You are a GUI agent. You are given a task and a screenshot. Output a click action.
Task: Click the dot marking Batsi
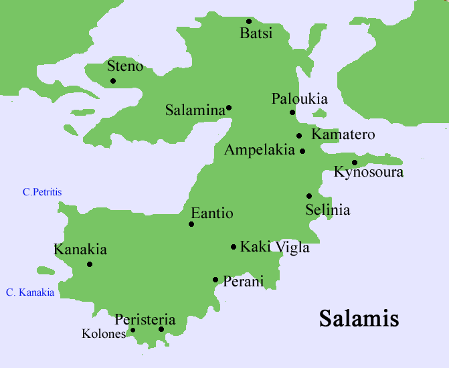(249, 21)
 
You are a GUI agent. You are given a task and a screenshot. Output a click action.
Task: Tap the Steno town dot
(113, 81)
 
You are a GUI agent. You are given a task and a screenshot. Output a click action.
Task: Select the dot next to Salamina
(229, 108)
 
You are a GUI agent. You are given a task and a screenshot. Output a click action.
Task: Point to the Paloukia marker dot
(292, 112)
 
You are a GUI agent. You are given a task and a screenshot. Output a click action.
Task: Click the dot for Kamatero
(299, 136)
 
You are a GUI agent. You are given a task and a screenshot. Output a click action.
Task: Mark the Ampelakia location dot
(302, 151)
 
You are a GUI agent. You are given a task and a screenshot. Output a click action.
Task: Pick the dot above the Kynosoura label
(355, 162)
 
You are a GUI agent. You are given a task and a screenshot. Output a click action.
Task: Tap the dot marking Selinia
(309, 196)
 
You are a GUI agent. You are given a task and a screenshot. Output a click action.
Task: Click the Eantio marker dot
(191, 224)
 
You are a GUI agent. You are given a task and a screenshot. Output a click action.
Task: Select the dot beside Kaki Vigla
(234, 247)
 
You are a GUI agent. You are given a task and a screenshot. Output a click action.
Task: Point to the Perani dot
(215, 280)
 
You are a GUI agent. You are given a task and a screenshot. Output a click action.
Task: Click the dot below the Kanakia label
(90, 264)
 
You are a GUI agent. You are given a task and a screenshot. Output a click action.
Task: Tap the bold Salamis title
(359, 318)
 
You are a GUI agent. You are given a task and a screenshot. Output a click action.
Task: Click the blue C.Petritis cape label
(42, 192)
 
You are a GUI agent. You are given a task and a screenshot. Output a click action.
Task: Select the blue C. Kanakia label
(30, 292)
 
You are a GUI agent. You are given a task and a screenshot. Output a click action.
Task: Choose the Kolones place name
(103, 333)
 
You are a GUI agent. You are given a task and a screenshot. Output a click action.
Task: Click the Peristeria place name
(145, 320)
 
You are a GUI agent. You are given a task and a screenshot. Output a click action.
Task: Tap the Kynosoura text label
(369, 173)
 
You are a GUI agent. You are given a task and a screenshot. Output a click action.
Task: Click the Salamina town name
(195, 110)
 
